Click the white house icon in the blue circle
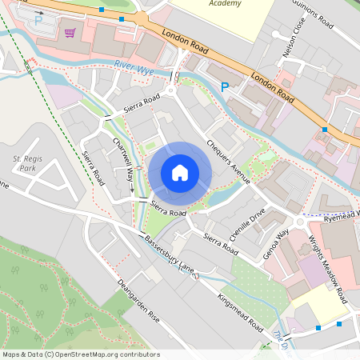(180, 173)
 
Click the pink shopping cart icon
(70, 33)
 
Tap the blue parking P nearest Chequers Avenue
(225, 86)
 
